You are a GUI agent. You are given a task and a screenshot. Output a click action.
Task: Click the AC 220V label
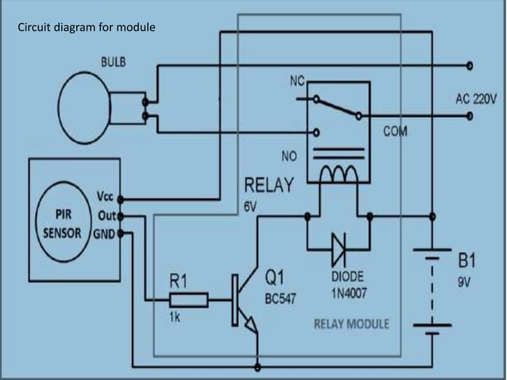coord(475,101)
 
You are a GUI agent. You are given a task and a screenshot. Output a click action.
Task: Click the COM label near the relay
coord(394,131)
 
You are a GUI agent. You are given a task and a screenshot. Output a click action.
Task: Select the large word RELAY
coord(269,186)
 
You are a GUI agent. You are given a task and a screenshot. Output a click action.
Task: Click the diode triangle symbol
coord(337,251)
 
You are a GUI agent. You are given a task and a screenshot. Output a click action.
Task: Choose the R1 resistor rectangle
coord(188,300)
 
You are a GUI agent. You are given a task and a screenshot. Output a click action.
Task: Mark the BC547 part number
coord(281,297)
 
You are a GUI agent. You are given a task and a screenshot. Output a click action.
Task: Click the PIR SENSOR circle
coord(65,217)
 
